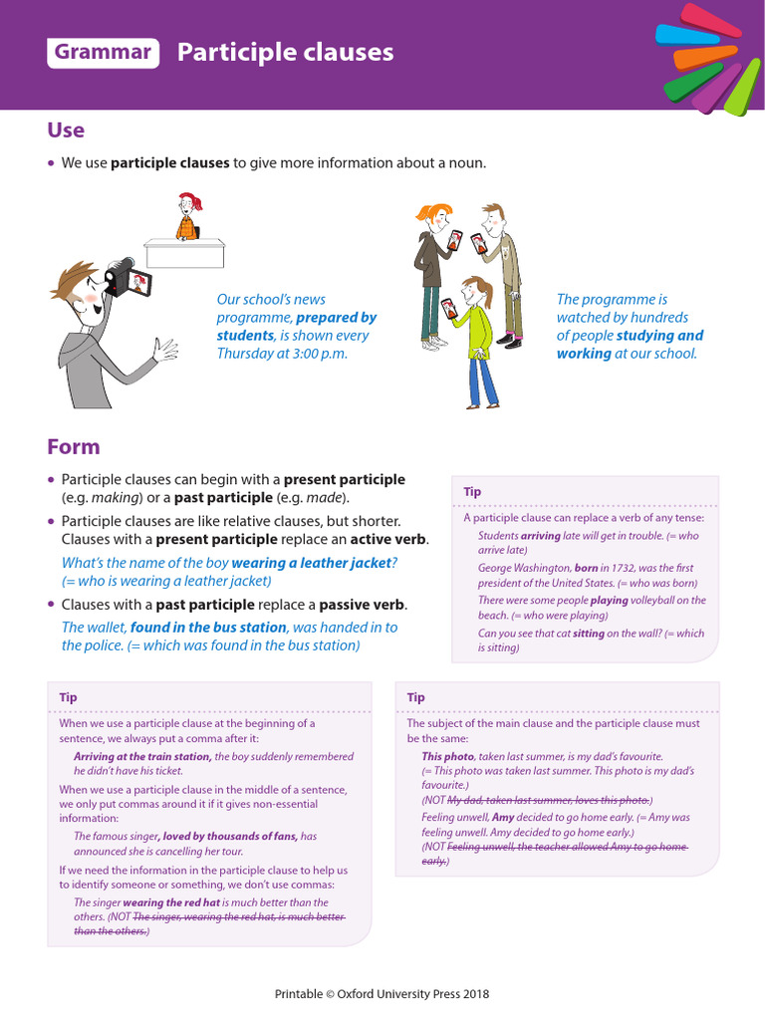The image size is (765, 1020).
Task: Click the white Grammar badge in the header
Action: pos(104,53)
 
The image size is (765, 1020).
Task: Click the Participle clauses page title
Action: pos(285,53)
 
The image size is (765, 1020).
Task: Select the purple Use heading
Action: pos(66,130)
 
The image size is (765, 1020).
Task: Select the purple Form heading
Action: pos(74,447)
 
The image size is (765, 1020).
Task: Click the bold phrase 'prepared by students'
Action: pos(299,327)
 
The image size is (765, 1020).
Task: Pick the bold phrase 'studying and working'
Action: pos(630,345)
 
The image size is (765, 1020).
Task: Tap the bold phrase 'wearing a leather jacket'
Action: pos(311,563)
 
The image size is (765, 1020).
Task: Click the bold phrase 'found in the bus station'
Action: pos(208,628)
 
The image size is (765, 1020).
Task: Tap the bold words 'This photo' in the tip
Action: pos(447,756)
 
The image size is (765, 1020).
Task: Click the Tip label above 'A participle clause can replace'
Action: pos(472,492)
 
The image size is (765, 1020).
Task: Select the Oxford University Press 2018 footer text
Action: pos(382,993)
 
